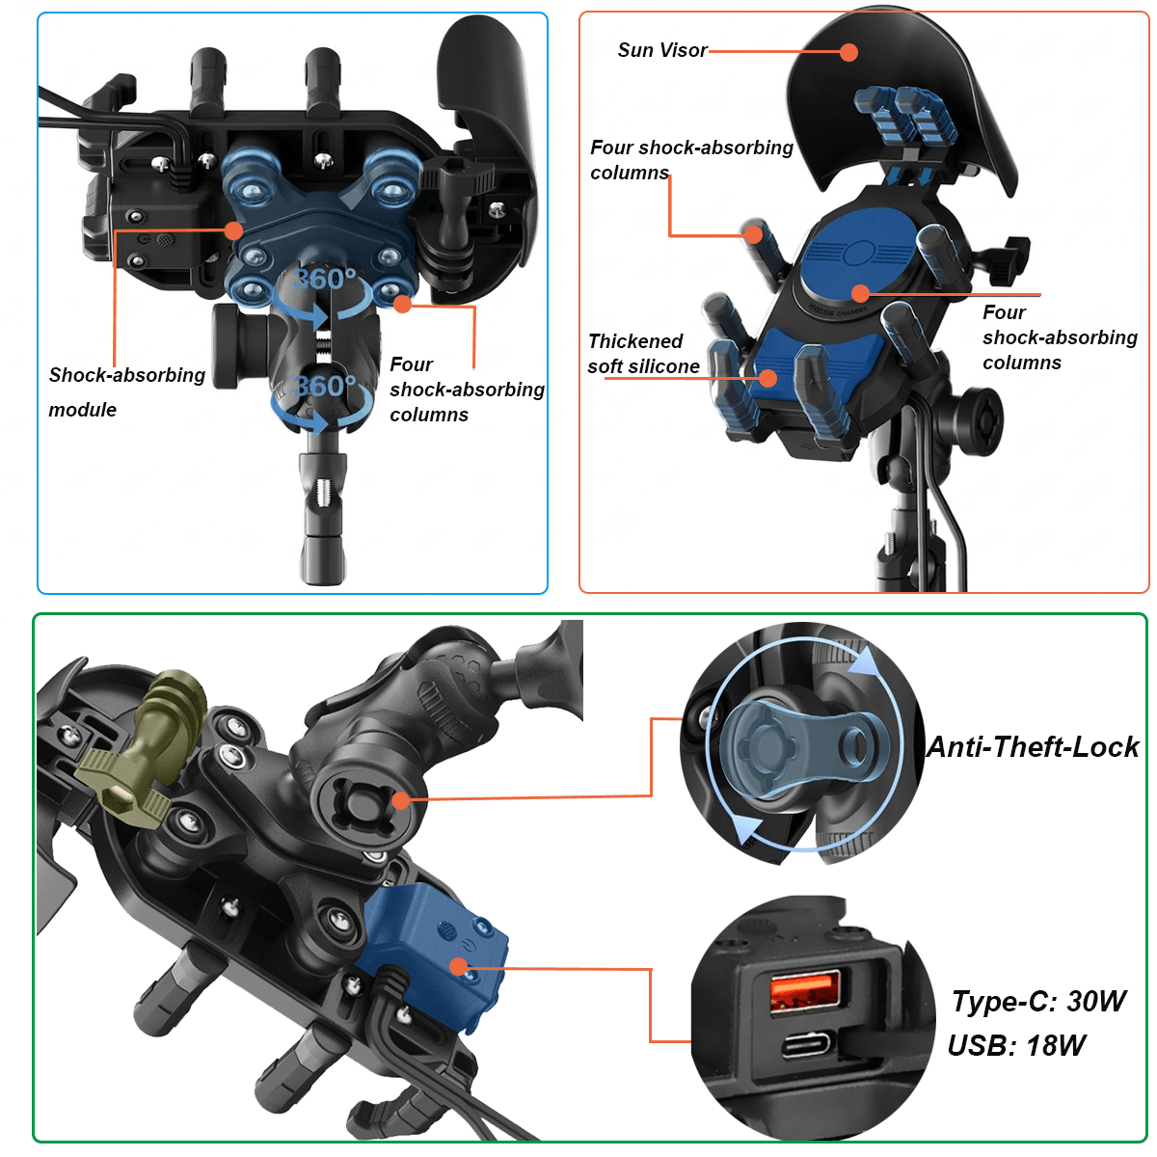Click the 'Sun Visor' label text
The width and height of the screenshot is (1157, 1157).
coord(661,50)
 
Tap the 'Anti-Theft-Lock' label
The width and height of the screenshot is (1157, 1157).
coord(1032,746)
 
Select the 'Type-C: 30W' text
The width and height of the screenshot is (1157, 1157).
coord(1038,1001)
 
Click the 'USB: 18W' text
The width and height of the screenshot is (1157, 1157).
coord(1016,1045)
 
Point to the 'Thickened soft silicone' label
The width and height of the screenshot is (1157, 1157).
coord(643,354)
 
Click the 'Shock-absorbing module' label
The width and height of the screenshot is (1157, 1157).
coord(126,392)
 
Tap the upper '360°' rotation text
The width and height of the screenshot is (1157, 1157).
coord(324,280)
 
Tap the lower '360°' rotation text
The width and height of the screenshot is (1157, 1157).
coord(324,386)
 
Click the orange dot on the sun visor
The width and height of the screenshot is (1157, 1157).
coord(848,52)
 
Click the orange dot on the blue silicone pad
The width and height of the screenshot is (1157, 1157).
coord(767,378)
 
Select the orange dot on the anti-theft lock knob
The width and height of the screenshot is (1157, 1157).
coord(401,800)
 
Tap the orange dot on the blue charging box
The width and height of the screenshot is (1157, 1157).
coord(459,967)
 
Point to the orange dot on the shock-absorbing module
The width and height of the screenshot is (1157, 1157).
coord(233,230)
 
